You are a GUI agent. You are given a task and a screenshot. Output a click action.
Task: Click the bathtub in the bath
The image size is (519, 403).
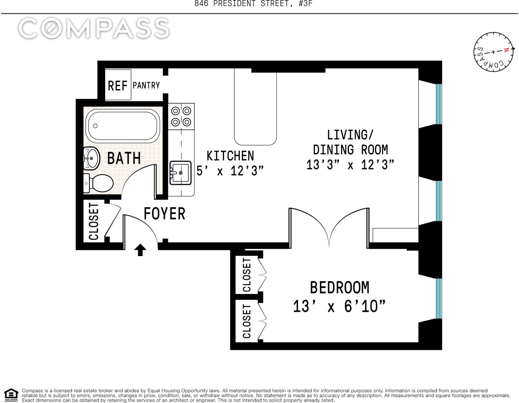tap(123, 126)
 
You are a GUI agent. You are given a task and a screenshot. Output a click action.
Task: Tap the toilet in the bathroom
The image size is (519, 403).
tap(98, 183)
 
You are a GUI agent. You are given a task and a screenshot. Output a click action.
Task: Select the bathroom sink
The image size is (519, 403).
tap(91, 158)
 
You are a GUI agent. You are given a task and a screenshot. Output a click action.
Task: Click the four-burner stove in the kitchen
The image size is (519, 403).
tap(181, 117)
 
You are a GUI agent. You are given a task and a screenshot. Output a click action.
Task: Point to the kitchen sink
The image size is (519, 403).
tap(180, 173)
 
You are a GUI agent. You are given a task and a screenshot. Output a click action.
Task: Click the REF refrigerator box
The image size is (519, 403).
tap(118, 85)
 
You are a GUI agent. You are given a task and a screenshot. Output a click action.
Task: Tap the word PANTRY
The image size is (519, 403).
tap(146, 85)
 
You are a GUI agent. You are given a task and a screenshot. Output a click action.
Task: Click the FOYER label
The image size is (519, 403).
tap(164, 214)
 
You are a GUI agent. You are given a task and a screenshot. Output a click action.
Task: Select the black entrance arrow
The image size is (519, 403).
tap(140, 250)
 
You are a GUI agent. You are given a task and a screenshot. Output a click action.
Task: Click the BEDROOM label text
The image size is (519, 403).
tap(340, 288)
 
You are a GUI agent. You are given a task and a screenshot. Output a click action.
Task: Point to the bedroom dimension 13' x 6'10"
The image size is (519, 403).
tap(339, 306)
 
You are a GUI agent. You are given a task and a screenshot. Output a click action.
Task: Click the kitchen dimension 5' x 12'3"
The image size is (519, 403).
tap(230, 170)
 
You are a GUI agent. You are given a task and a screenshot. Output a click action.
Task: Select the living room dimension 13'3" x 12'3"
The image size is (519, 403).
tap(350, 164)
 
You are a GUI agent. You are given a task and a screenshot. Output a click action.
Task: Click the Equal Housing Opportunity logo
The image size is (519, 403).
tap(11, 395)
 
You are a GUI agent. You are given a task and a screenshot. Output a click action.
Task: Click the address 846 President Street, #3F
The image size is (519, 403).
tap(253, 3)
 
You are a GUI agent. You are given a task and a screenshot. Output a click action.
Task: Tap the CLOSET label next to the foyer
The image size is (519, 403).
tap(93, 221)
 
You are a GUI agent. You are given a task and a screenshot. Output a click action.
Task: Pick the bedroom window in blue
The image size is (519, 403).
tap(439, 298)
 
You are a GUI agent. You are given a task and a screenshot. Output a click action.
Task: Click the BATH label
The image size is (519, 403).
tap(124, 158)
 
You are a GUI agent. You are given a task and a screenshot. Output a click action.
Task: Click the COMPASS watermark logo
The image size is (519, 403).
tap(94, 29)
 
